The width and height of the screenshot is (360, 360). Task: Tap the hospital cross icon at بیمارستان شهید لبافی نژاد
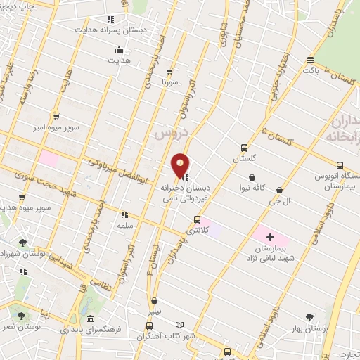270,237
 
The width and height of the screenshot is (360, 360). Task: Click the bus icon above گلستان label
244,148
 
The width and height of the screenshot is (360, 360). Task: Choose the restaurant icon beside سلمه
125,214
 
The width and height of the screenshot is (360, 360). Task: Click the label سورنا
171,82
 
